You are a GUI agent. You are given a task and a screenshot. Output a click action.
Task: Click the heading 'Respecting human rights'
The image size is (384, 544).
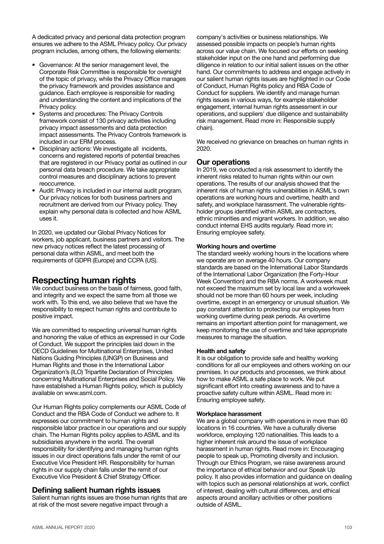click(84, 280)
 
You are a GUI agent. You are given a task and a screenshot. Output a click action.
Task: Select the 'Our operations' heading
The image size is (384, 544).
click(223, 162)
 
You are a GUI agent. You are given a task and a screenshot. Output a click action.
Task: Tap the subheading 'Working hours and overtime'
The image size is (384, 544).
click(236, 246)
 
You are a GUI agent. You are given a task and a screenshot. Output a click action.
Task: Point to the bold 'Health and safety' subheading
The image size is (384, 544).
click(221, 351)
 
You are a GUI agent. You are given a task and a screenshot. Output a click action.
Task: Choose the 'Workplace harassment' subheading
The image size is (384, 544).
click(229, 414)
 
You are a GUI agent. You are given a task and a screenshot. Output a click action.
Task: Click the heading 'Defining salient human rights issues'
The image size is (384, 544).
click(96, 490)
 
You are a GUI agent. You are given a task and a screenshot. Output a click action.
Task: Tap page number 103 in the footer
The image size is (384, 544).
click(348, 527)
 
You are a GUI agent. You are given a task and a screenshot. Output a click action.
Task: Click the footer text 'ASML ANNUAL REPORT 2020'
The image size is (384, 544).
click(63, 527)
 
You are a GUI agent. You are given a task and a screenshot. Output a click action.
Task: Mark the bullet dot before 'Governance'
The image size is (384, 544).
click(34, 65)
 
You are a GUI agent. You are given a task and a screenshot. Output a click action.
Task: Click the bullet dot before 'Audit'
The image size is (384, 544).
click(34, 190)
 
